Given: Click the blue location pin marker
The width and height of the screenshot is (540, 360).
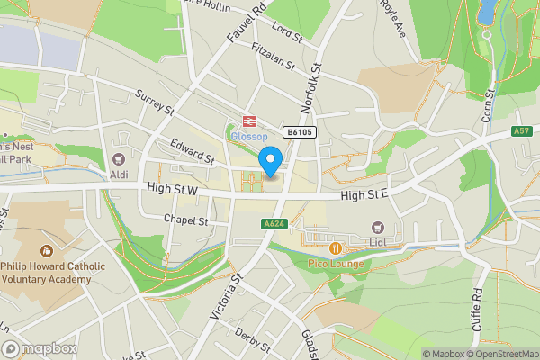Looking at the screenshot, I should [270, 162].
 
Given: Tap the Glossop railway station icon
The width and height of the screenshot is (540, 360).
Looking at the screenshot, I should [245, 123].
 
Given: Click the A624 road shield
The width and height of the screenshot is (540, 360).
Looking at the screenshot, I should [274, 223].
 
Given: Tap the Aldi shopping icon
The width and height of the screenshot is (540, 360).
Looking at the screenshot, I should [119, 155].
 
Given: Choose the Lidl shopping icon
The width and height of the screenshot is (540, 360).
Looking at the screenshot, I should [378, 229].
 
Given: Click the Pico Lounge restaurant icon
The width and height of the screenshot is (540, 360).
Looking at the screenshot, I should [335, 247].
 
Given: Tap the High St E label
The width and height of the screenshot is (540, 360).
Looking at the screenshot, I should [364, 193].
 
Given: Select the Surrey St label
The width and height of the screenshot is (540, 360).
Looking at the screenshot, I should [154, 102].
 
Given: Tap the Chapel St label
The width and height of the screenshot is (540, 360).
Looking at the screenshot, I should [186, 220].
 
